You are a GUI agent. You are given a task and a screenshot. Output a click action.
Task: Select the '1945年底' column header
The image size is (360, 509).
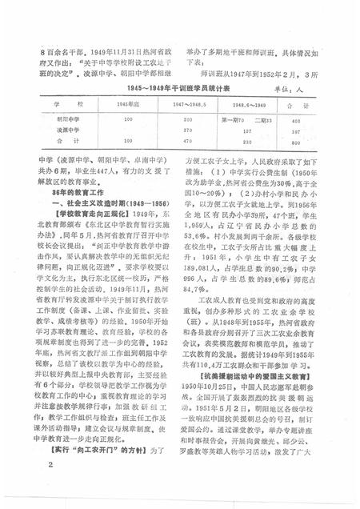(x=126, y=104)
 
